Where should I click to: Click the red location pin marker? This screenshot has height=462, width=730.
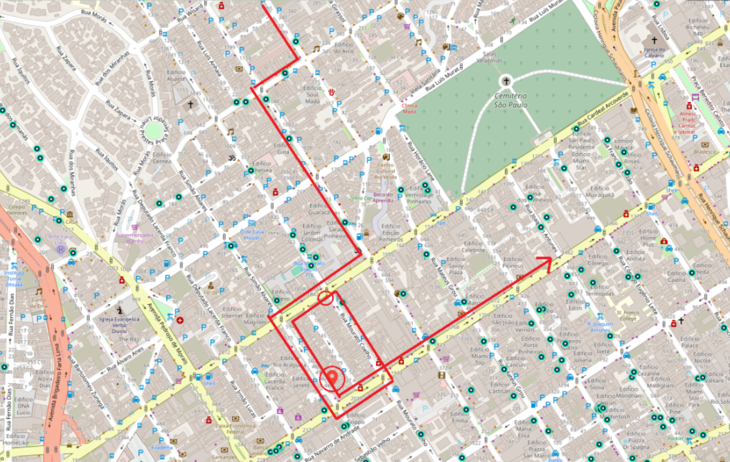click(x=334, y=377)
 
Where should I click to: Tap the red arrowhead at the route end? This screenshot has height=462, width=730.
click(x=548, y=260)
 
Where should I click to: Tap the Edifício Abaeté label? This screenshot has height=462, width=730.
click(x=161, y=78)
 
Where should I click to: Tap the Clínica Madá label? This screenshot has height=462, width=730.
click(x=409, y=108)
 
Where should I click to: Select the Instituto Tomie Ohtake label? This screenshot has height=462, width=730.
click(x=15, y=279)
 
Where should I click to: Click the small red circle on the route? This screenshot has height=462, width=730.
click(x=326, y=298)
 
